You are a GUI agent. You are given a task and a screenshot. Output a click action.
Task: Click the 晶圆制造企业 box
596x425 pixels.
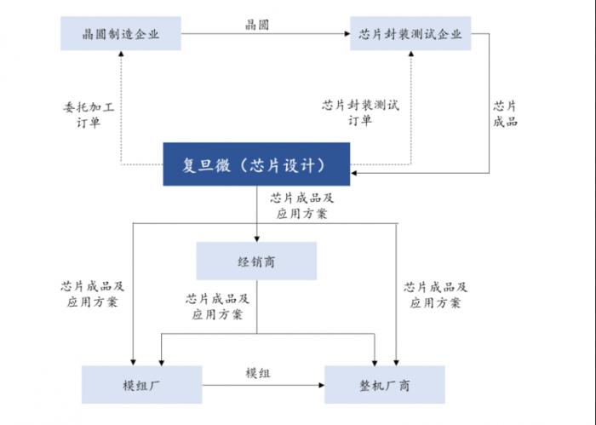click(121, 33)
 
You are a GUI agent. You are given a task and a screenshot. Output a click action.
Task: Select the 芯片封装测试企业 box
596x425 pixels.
click(410, 33)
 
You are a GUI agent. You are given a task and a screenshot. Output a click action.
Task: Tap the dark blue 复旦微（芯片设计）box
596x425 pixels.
click(256, 164)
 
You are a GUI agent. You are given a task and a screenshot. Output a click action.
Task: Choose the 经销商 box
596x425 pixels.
click(256, 261)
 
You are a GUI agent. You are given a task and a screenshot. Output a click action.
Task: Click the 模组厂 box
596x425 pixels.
click(142, 385)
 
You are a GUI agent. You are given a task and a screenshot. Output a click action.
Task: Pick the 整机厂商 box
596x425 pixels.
click(384, 385)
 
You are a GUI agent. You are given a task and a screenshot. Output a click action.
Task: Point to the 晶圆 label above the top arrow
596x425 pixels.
click(257, 25)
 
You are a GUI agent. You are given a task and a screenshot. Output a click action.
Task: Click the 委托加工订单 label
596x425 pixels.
click(89, 114)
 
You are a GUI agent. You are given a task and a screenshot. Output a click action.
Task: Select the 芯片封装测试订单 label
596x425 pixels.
click(360, 112)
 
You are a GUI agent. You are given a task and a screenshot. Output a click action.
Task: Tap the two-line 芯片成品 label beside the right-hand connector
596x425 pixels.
click(505, 113)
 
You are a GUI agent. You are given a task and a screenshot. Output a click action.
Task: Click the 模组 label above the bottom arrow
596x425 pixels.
click(258, 373)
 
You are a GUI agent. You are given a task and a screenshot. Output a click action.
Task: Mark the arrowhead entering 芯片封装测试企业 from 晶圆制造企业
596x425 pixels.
click(347, 33)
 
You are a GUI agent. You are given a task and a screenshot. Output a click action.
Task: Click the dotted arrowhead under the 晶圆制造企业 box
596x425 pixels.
click(121, 54)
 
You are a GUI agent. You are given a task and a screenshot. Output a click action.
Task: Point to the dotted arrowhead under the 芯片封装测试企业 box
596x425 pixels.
click(411, 54)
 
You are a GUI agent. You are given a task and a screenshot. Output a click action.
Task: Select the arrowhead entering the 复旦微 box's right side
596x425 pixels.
click(353, 173)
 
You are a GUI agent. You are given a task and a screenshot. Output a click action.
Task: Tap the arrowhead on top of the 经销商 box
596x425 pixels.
click(256, 239)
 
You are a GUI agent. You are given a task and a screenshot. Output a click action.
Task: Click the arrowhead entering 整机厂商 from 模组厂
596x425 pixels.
click(321, 385)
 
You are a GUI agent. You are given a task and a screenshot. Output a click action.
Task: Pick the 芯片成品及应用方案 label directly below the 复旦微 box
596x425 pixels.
click(301, 205)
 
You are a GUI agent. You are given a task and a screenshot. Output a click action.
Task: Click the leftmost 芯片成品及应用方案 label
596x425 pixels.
click(92, 294)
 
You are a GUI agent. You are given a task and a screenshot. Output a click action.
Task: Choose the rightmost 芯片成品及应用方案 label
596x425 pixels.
click(435, 295)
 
